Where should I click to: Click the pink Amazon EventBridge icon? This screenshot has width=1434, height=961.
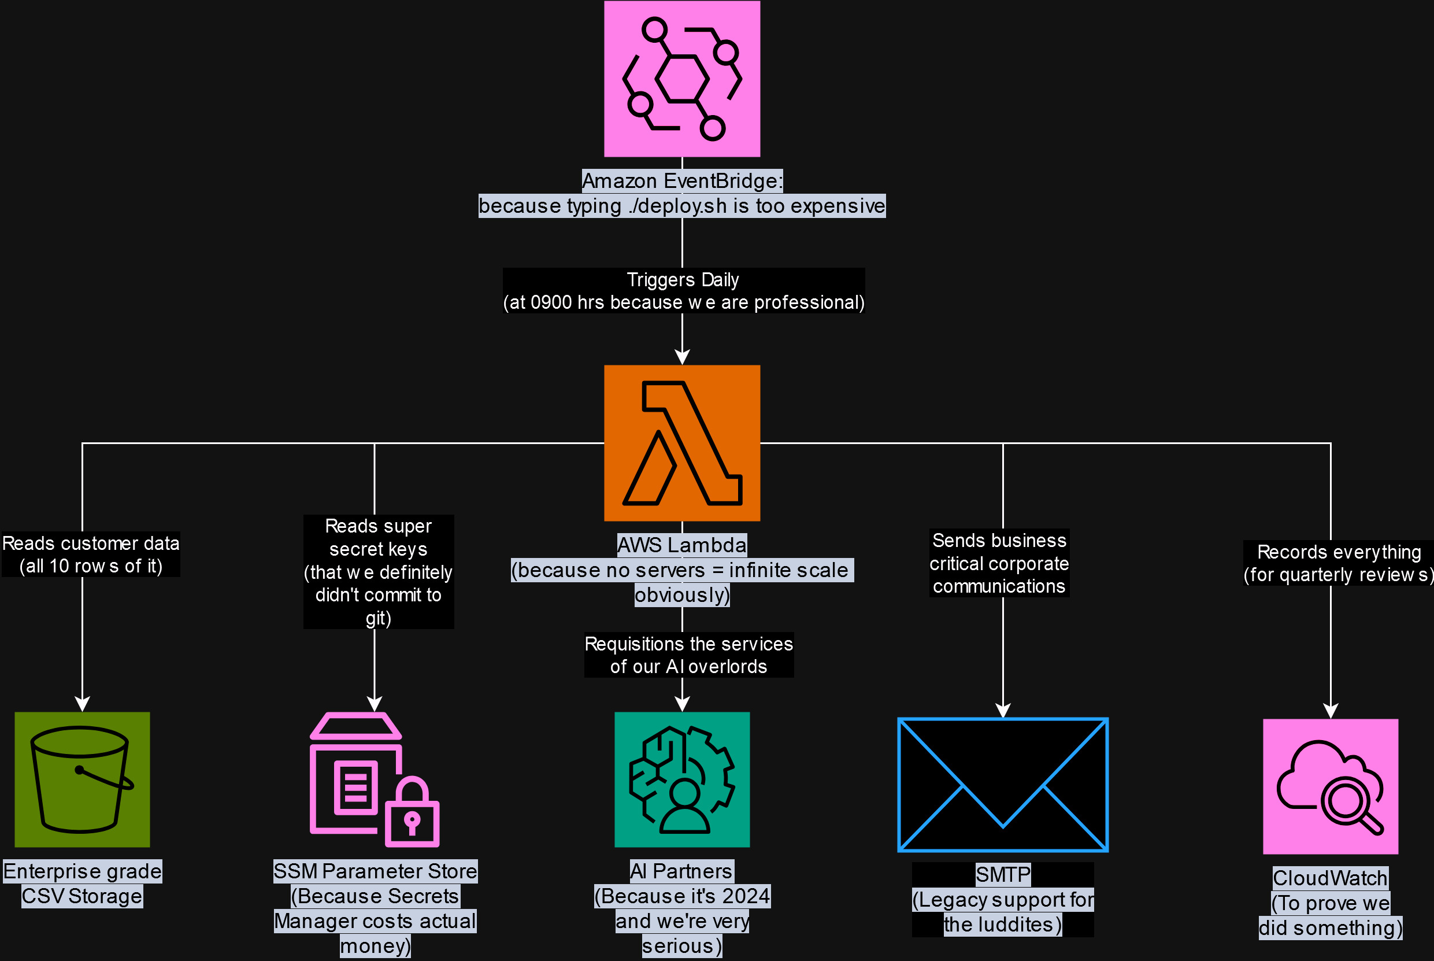[682, 79]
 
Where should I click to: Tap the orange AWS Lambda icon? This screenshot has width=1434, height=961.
[682, 442]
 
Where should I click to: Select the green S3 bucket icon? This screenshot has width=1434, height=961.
[82, 779]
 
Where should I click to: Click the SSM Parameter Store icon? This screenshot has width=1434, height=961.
[375, 779]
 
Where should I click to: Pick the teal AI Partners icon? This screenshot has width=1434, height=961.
[682, 779]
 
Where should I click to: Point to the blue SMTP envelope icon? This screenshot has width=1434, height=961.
[1003, 785]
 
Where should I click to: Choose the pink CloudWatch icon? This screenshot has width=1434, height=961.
[1331, 786]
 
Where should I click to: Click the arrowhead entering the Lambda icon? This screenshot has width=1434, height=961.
[682, 357]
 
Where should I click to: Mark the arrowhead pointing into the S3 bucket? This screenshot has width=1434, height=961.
[82, 704]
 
